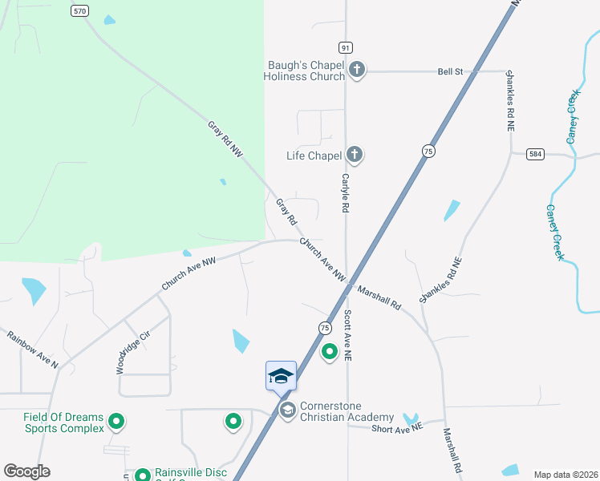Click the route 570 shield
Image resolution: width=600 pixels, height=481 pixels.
[x=79, y=11]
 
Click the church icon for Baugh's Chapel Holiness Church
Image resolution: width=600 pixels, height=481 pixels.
[x=357, y=71]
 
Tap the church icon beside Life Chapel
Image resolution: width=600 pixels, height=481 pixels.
[x=354, y=155]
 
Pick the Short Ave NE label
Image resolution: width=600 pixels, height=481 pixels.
[x=396, y=429]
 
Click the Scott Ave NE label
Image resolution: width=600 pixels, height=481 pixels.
[x=348, y=334]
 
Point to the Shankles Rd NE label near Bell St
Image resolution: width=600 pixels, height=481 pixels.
[x=509, y=100]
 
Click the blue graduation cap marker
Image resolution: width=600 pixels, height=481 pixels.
[x=281, y=376]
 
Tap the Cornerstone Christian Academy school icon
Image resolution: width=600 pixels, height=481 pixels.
[x=287, y=410]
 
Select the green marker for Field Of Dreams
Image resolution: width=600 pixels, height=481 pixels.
[x=116, y=420]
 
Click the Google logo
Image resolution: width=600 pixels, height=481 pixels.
[x=26, y=471]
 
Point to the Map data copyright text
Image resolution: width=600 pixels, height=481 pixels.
[x=565, y=475]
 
